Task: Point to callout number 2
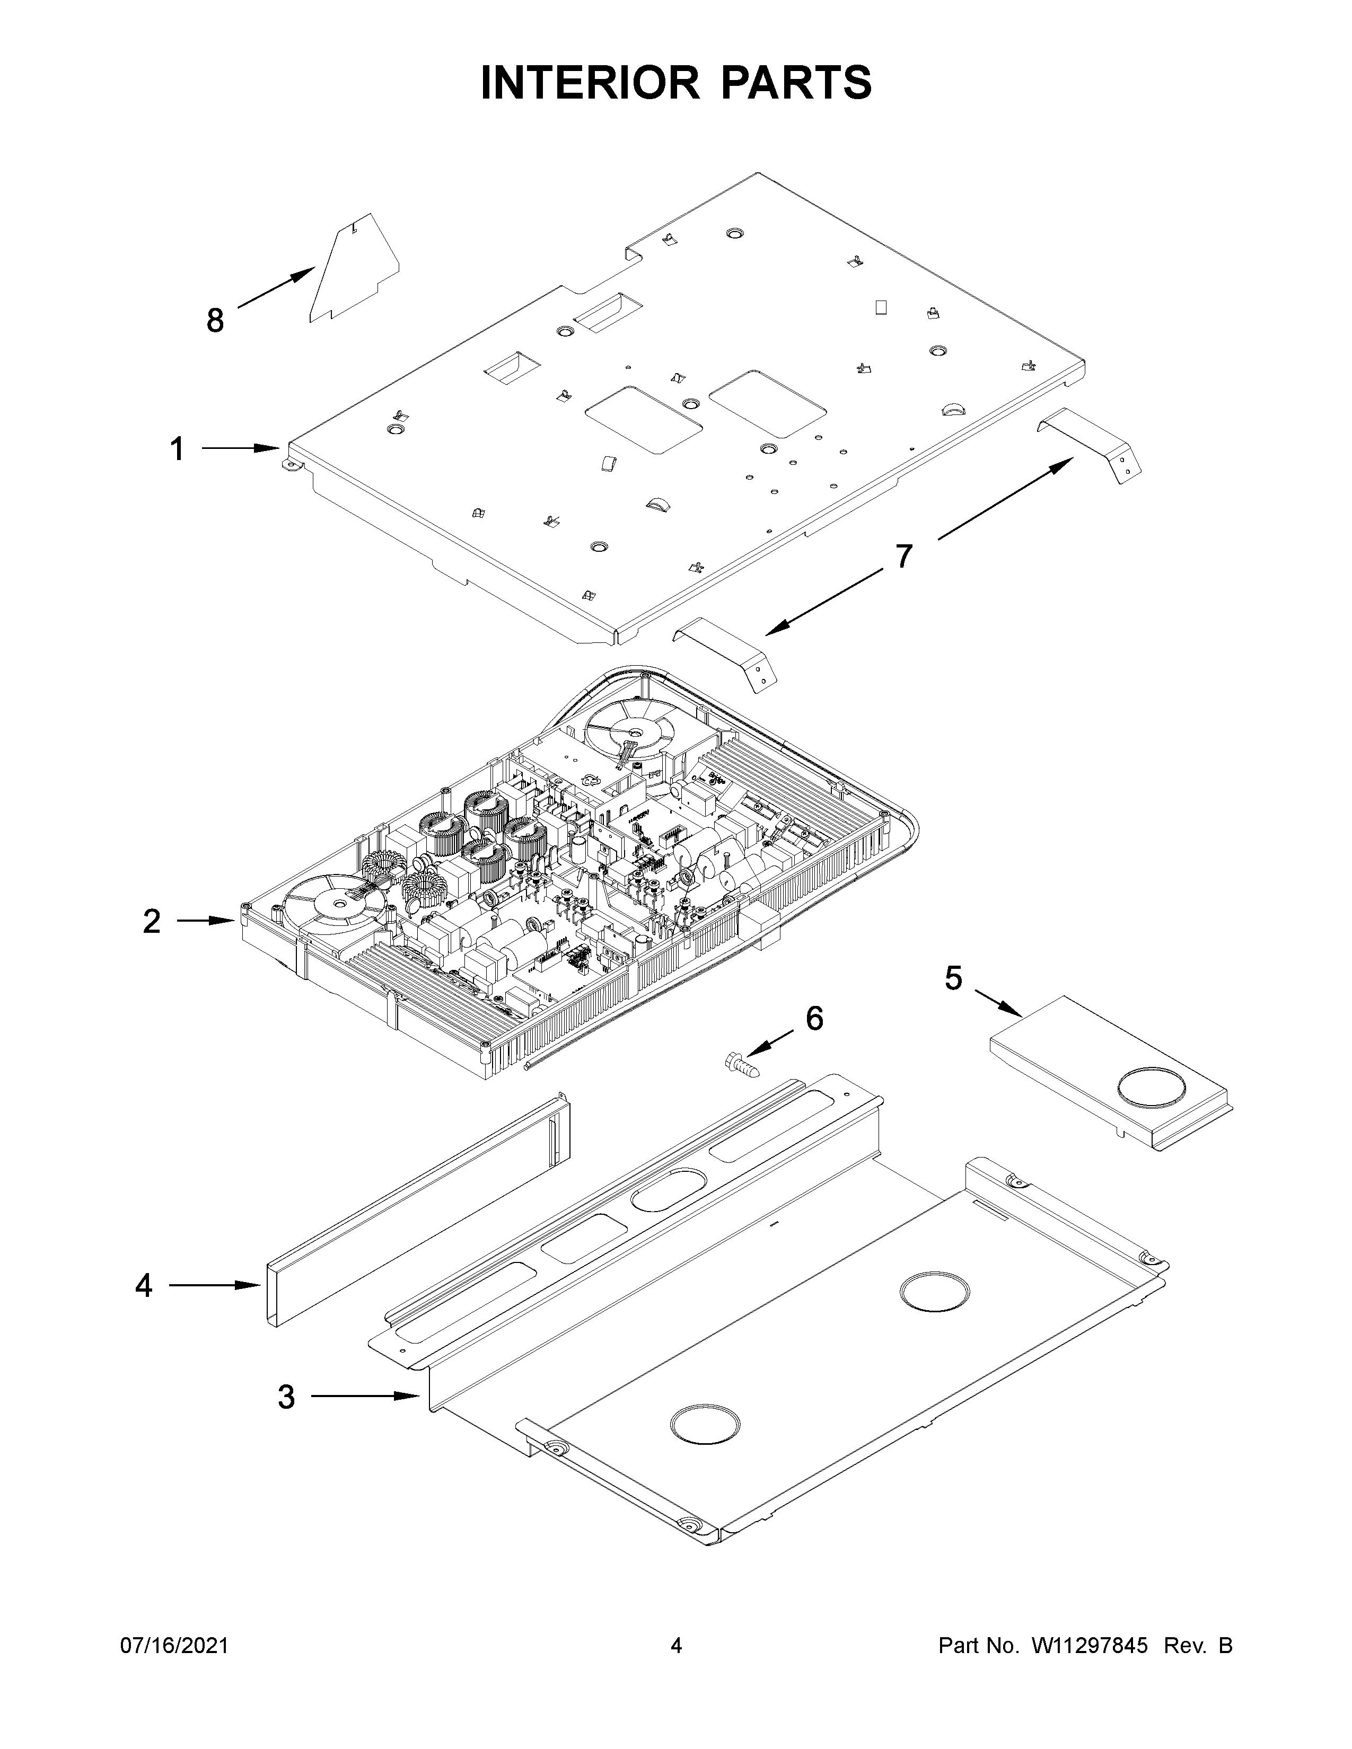152,921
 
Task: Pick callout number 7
903,556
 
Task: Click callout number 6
814,1019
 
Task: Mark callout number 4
143,1285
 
